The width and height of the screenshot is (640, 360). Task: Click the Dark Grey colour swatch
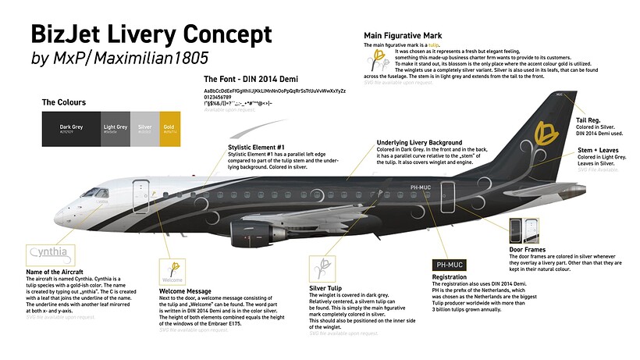[70, 129]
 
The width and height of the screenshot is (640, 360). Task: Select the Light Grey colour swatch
[116, 129]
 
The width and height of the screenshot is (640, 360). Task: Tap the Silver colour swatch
[145, 129]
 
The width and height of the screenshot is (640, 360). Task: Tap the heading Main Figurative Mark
[403, 36]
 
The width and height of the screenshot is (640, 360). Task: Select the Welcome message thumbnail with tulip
[173, 271]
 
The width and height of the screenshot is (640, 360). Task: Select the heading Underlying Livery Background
[419, 143]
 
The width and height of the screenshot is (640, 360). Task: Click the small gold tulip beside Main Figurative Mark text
[379, 59]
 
